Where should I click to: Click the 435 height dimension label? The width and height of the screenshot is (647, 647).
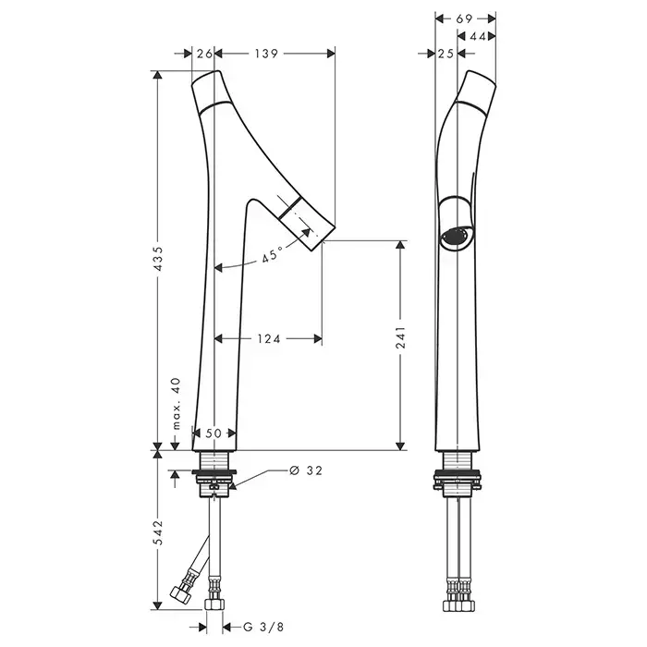(x=159, y=259)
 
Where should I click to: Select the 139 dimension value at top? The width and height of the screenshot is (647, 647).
(x=266, y=54)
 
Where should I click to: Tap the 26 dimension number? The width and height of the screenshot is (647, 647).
(x=204, y=54)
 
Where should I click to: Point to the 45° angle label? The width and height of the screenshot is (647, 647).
(x=272, y=255)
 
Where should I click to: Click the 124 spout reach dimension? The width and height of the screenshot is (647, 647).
(x=269, y=339)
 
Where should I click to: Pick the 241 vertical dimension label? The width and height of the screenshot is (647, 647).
(x=400, y=337)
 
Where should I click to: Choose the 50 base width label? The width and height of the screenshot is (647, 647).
(x=214, y=433)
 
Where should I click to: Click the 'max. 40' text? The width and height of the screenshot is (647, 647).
(x=177, y=404)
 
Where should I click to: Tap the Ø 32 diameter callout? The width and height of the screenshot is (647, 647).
(x=306, y=470)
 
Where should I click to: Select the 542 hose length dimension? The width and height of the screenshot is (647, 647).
(x=159, y=532)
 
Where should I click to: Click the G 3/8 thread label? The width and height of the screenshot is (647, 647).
(x=263, y=628)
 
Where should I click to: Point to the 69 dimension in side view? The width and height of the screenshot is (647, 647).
(x=464, y=18)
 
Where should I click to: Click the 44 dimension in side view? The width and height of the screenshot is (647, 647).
(x=478, y=37)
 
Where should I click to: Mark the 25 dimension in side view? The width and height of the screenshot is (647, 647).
(x=446, y=54)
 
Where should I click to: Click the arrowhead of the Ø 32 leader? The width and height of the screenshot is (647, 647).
(x=232, y=485)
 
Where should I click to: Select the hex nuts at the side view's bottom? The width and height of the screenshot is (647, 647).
(x=458, y=605)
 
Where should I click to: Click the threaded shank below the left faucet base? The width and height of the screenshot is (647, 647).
(x=214, y=460)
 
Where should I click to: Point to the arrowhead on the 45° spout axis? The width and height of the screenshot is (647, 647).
(x=306, y=232)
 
